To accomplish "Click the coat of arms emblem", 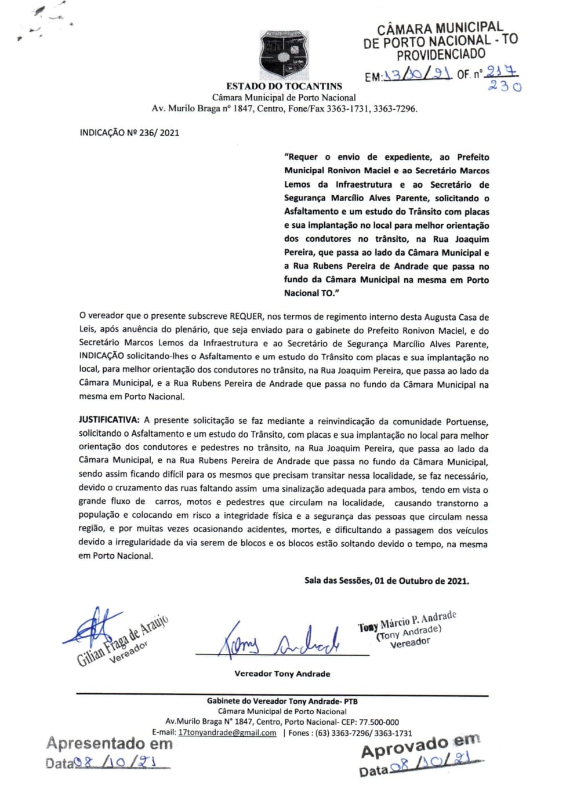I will (x=284, y=55).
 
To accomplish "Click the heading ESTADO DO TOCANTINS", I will (x=284, y=86).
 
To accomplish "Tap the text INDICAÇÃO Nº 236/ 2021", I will (x=129, y=133).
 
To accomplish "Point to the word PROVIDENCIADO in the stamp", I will (x=441, y=55).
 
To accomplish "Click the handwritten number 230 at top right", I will (x=505, y=86).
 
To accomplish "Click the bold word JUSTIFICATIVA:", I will (x=109, y=420).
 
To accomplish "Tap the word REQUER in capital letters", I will (x=247, y=317).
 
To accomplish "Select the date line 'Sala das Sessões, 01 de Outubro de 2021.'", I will (x=387, y=581).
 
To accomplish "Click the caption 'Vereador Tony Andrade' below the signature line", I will (x=282, y=674).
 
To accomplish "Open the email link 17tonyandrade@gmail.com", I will (x=227, y=733).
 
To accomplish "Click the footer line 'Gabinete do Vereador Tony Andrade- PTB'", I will (x=282, y=701).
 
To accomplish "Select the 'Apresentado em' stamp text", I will (x=110, y=744).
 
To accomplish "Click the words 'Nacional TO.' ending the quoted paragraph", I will (x=311, y=293).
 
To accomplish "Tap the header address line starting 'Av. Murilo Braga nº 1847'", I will (x=284, y=108).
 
